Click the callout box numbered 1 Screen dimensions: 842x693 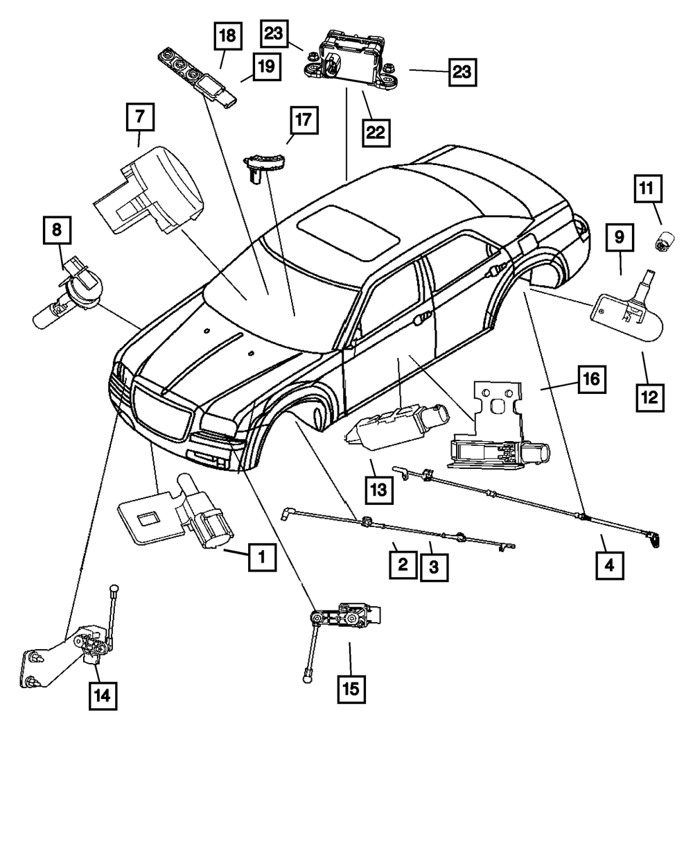pyautogui.click(x=261, y=556)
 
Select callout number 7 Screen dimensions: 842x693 pyautogui.click(x=140, y=118)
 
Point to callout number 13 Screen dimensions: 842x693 pyautogui.click(x=378, y=490)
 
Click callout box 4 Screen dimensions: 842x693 pyautogui.click(x=610, y=565)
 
